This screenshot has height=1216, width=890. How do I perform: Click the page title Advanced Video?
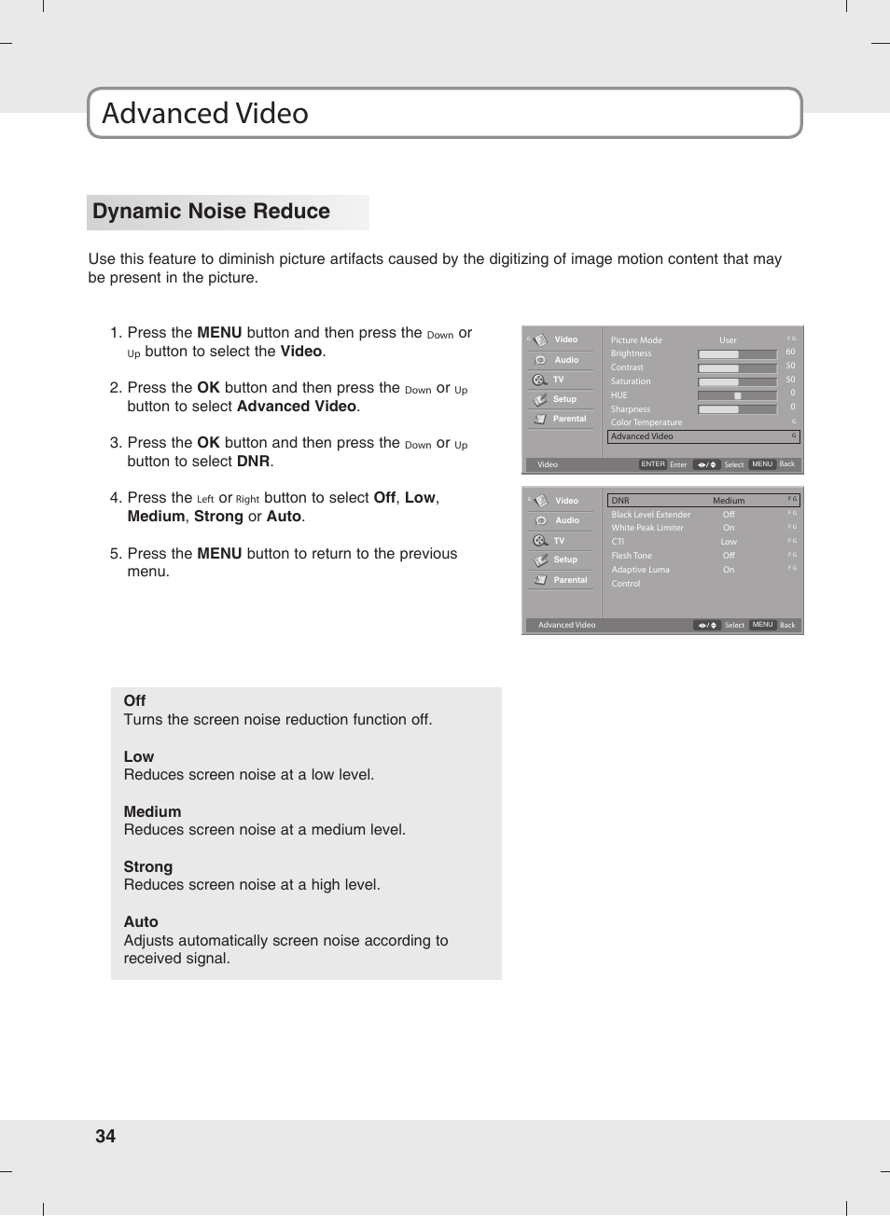205,114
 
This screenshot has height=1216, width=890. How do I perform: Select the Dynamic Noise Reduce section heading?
211,212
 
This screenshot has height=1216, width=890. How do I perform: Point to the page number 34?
105,1136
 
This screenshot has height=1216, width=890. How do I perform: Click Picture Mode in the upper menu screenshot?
636,340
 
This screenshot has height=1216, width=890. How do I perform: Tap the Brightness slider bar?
737,354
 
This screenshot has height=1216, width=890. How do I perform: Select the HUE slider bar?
737,395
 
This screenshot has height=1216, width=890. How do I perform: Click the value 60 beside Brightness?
790,352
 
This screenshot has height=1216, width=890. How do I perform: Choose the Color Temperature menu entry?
647,422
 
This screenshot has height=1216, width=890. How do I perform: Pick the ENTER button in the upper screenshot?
653,464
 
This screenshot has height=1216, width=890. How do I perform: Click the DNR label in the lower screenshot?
620,501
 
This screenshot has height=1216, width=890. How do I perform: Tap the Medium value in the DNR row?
729,501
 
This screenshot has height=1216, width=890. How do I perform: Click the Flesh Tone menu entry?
632,556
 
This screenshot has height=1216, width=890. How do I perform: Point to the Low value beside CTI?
729,542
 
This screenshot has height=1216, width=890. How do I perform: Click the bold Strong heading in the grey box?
148,867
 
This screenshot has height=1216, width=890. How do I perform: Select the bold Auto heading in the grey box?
141,922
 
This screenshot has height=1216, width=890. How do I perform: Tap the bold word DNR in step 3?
253,462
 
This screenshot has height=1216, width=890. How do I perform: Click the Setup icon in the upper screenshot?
540,400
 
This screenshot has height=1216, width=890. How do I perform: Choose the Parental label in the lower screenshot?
570,580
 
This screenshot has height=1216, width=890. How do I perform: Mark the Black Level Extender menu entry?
651,515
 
